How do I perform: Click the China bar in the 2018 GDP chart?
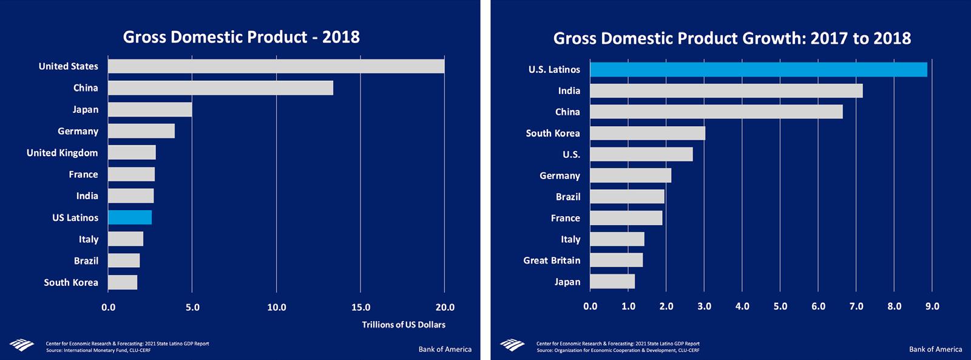[x=220, y=88]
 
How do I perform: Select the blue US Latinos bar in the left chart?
[x=130, y=217]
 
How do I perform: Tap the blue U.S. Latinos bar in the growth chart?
[x=758, y=70]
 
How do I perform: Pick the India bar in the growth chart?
[x=726, y=91]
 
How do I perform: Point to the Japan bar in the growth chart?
[x=612, y=282]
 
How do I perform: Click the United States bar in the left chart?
[x=276, y=66]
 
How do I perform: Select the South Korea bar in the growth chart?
[x=647, y=133]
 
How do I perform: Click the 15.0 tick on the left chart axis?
[x=360, y=307]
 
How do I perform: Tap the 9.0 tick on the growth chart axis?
[x=932, y=306]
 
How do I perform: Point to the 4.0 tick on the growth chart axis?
[x=742, y=306]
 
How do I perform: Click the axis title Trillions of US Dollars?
[x=404, y=325]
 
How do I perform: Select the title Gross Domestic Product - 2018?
[x=241, y=37]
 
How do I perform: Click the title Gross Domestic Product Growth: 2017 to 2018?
[x=732, y=38]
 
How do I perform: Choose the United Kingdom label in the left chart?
[x=62, y=153]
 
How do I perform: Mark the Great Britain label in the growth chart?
[x=552, y=260]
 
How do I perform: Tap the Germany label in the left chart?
[x=78, y=131]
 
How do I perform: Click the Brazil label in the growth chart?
[x=568, y=197]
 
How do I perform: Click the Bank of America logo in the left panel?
[x=22, y=345]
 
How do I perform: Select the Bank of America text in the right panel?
[x=935, y=349]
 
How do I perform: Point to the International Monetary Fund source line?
[x=98, y=350]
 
